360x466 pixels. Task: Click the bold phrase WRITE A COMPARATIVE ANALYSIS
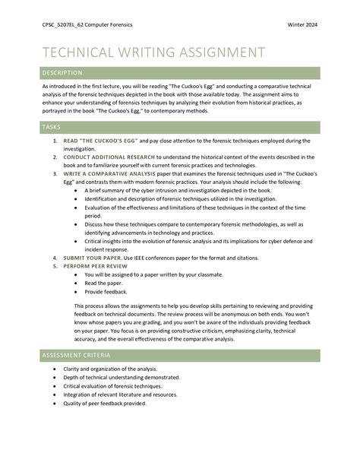point(115,173)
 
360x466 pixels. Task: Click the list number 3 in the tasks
point(55,173)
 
